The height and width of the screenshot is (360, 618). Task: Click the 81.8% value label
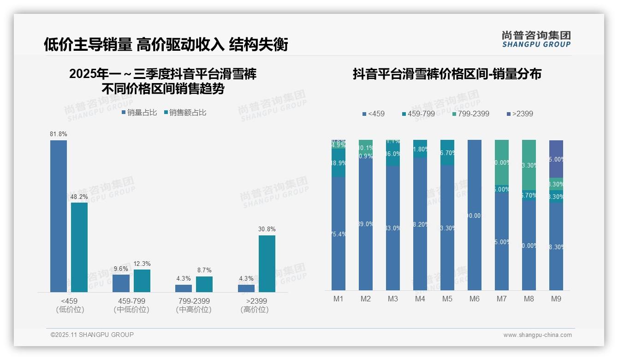click(59, 134)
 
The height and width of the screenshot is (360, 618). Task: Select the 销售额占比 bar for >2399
click(267, 264)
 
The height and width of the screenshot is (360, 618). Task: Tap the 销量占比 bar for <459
click(59, 216)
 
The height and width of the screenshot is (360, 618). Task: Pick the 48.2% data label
click(79, 197)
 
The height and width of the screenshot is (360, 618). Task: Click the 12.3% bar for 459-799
click(142, 281)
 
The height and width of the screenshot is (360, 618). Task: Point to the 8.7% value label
click(204, 270)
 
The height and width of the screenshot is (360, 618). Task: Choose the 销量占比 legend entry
click(139, 113)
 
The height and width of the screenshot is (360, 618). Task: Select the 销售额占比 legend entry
click(185, 113)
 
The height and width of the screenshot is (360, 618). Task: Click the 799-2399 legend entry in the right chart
click(470, 114)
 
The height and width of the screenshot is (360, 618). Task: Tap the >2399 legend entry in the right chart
click(520, 114)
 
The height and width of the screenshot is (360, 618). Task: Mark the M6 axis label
click(475, 299)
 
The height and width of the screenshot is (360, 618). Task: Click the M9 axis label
click(556, 299)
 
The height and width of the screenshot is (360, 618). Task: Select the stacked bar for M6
click(475, 215)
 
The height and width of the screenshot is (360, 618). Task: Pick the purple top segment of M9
click(556, 159)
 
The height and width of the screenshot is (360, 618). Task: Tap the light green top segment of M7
click(502, 162)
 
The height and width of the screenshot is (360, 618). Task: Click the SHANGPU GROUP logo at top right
click(536, 39)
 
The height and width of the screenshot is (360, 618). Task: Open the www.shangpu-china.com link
click(537, 335)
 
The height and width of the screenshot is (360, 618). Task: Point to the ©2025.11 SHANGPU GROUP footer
click(92, 335)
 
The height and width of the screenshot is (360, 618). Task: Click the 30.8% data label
click(267, 229)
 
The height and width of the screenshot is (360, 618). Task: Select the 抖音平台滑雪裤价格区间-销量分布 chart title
click(447, 74)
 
